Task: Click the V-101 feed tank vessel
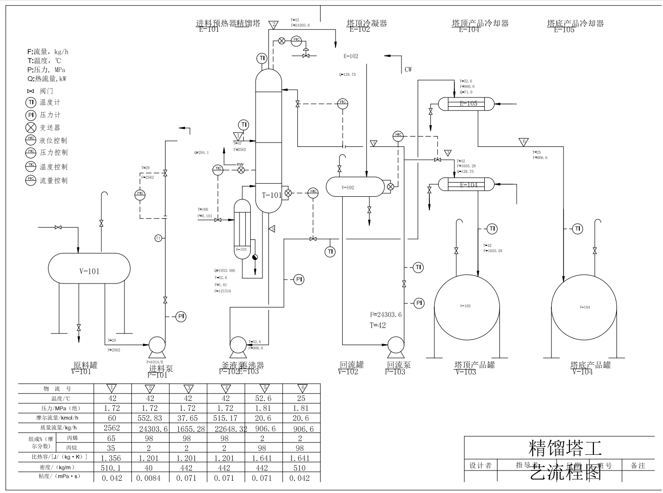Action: point(89,268)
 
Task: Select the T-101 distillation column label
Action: point(271,195)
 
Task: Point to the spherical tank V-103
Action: point(467,307)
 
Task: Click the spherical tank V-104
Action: point(584,307)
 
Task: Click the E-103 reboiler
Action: point(242,229)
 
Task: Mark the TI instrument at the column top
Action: point(261,58)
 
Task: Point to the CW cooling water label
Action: point(408,70)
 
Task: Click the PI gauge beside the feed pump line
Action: point(181,317)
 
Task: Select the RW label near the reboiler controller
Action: point(240,164)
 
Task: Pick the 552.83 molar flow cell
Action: point(150,418)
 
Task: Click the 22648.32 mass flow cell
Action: point(226,428)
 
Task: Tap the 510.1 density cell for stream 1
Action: point(112,468)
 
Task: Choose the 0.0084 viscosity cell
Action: point(150,477)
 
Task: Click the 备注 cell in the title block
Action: point(638,465)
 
